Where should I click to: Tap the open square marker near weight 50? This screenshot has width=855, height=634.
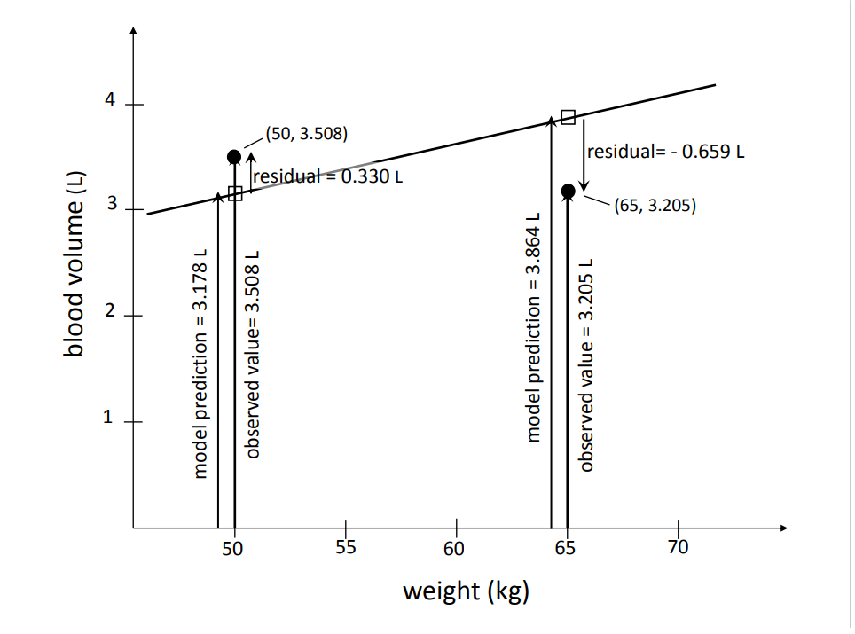coord(235,193)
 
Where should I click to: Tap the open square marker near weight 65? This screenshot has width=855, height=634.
coord(569,117)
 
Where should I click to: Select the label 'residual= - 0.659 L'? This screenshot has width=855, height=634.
coord(665,151)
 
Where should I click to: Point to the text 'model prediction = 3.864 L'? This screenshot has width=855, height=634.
coord(534,326)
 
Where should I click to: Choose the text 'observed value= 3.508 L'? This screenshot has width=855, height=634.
coord(253,353)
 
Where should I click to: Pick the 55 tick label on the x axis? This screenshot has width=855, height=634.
coord(345,546)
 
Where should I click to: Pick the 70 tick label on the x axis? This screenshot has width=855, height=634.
coord(678,546)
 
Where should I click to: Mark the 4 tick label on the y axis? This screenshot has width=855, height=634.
coord(111,101)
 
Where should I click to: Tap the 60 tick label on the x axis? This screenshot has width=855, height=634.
coord(455,546)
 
